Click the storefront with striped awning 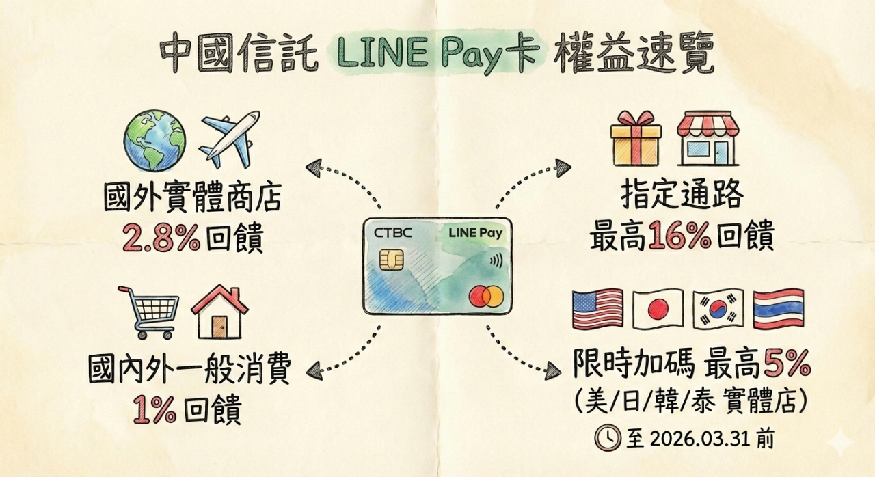point(708,139)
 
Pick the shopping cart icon point(149,311)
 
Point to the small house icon point(219,312)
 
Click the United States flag point(597,309)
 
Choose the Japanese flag point(658,309)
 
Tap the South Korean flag point(718,309)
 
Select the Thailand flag point(778,309)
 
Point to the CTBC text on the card point(393,232)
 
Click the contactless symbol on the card point(494,260)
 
